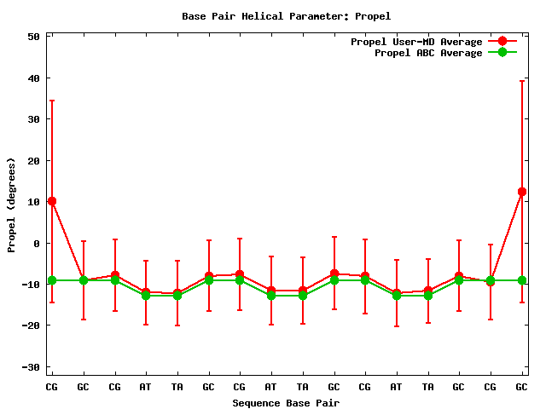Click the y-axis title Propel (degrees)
pyautogui.click(x=12, y=204)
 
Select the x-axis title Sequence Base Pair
pyautogui.click(x=286, y=403)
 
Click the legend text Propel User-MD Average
pyautogui.click(x=416, y=42)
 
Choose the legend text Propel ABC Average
pyautogui.click(x=428, y=53)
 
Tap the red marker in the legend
pyautogui.click(x=502, y=42)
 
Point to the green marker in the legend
pyautogui.click(x=502, y=53)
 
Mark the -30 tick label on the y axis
pyautogui.click(x=32, y=366)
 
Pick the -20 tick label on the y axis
pyautogui.click(x=32, y=325)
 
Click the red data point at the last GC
pyautogui.click(x=521, y=192)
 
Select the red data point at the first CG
pyautogui.click(x=52, y=201)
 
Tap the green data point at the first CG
pyautogui.click(x=52, y=280)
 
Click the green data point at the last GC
pyautogui.click(x=521, y=280)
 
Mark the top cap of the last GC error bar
pyautogui.click(x=521, y=81)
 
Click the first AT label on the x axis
pyautogui.click(x=146, y=388)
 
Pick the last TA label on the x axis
pyautogui.click(x=427, y=388)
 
